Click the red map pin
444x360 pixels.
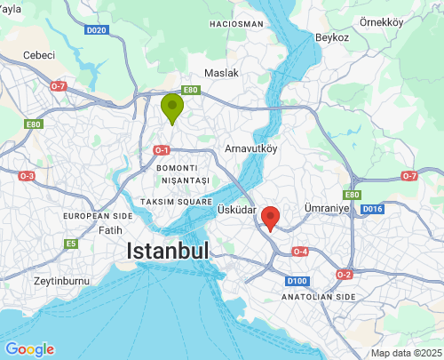click(x=271, y=217)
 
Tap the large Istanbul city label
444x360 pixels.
click(x=168, y=251)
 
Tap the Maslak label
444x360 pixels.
click(x=222, y=72)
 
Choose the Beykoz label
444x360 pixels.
click(x=331, y=37)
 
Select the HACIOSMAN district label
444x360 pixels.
click(x=236, y=23)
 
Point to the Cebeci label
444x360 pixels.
click(x=38, y=54)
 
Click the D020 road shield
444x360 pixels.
click(x=97, y=30)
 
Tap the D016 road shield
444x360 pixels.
click(x=371, y=209)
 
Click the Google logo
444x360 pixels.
click(x=28, y=349)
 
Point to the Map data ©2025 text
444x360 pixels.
click(x=405, y=353)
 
